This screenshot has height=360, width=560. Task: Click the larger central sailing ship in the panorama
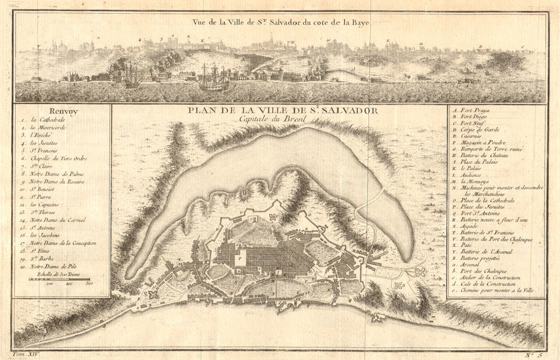click(x=213, y=78)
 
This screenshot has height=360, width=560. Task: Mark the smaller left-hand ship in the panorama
click(x=132, y=76)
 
